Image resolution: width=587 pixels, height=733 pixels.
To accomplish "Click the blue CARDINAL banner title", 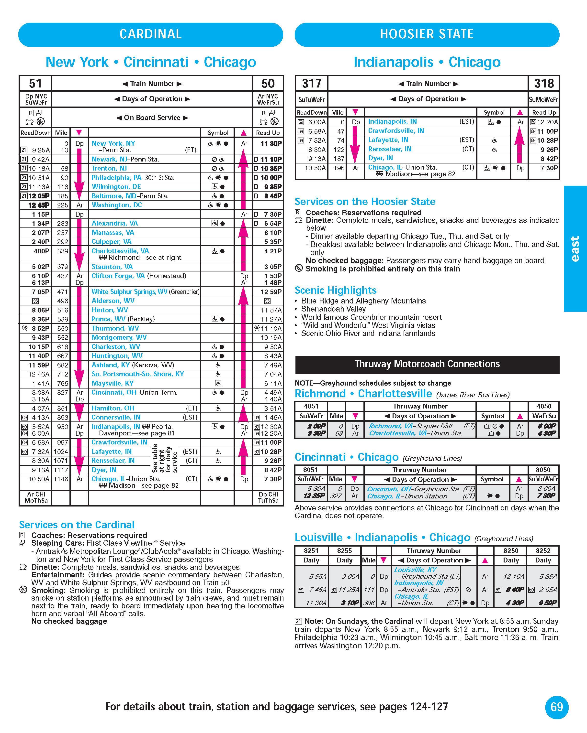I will (150, 34).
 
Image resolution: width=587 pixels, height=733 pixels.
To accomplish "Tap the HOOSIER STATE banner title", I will (427, 34).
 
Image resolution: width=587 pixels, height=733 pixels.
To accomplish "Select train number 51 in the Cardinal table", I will (35, 83).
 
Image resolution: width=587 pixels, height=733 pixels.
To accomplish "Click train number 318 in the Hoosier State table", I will (544, 83).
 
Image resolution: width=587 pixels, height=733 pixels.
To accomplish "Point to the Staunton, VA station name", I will (112, 267).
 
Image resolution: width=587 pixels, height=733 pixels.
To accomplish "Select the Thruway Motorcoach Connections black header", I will (427, 364).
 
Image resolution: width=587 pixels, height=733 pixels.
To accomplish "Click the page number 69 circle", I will (557, 707).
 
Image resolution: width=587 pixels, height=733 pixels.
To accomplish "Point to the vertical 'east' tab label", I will (575, 248).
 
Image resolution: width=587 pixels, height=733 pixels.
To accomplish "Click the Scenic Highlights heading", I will (335, 290).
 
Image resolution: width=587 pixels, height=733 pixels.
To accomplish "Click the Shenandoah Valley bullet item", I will (333, 309).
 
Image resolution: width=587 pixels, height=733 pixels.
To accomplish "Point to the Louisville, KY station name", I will (415, 570).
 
